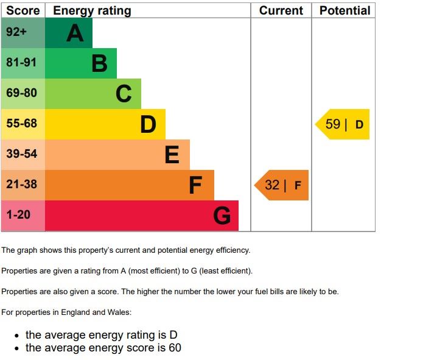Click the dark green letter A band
point(68,33)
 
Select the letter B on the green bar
point(99,63)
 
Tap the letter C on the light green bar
point(124,94)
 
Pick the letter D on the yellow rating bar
point(148,124)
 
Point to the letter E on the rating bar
point(172,155)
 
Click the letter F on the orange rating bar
point(195,185)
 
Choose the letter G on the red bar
point(222,216)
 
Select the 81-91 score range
point(22,63)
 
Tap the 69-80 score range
point(22,94)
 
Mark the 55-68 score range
point(22,124)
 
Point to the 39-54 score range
point(22,155)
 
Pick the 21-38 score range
point(22,185)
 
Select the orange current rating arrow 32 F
point(282,185)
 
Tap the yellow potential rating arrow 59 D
point(343,124)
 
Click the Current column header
point(281,10)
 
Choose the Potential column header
point(344,10)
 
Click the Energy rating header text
point(92,10)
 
